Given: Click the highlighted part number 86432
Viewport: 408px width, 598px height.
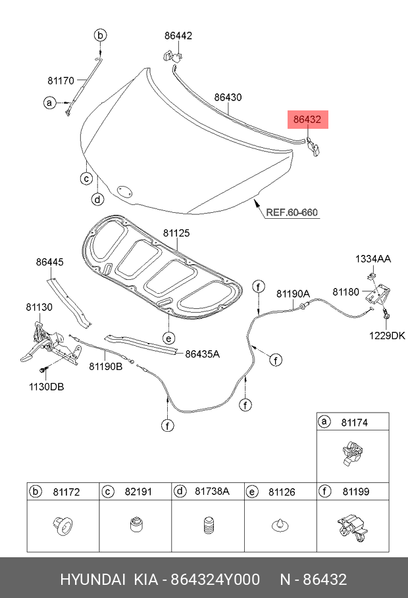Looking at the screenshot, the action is click(307, 120).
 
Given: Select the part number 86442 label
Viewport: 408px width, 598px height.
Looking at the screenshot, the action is click(178, 35).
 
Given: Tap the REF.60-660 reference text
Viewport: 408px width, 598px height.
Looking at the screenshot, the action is click(292, 212).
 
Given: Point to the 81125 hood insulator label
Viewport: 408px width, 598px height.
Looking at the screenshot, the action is click(176, 233).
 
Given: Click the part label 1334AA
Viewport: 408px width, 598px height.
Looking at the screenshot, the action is click(373, 259).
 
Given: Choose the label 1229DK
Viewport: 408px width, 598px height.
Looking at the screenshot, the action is click(387, 336).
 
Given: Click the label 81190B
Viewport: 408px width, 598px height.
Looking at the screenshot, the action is click(106, 367).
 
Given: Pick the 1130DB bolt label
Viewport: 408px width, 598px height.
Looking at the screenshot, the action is click(47, 386).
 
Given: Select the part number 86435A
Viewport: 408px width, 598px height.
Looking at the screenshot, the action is click(203, 354).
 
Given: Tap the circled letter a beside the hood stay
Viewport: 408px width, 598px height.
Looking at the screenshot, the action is click(49, 103).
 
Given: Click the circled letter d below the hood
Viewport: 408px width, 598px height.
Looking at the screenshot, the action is click(98, 199).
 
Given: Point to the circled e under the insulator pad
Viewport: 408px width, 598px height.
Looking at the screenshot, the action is click(168, 338).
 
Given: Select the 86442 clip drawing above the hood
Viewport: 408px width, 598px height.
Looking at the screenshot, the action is click(172, 56).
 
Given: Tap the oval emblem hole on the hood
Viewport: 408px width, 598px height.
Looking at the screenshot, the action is click(124, 191).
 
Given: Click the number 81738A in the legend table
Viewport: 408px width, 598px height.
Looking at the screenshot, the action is click(212, 492).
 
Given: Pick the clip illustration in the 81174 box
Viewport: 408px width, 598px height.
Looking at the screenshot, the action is click(352, 453).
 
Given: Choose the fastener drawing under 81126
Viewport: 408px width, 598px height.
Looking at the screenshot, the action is click(280, 526).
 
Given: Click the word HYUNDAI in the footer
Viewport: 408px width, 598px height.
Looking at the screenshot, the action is click(93, 580).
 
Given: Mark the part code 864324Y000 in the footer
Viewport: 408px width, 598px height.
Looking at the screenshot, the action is click(215, 580).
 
